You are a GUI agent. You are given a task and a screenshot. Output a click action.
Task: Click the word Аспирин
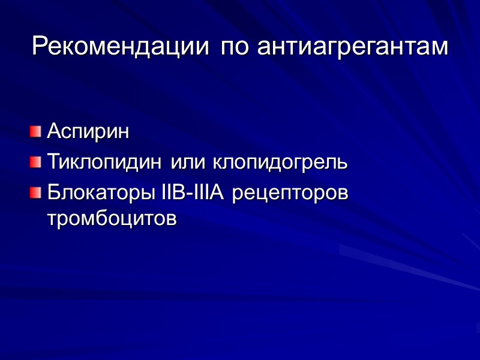click(x=88, y=131)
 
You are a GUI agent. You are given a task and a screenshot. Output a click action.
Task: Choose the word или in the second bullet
click(x=188, y=162)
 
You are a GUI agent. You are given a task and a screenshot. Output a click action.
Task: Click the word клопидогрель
click(x=280, y=163)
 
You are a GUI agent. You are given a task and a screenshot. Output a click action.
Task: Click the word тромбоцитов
click(x=112, y=219)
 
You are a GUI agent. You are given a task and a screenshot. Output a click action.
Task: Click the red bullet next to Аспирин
click(x=36, y=130)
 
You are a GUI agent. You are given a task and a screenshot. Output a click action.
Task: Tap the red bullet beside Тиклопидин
click(x=36, y=161)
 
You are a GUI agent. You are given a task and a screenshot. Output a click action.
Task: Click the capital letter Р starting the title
click(x=39, y=46)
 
